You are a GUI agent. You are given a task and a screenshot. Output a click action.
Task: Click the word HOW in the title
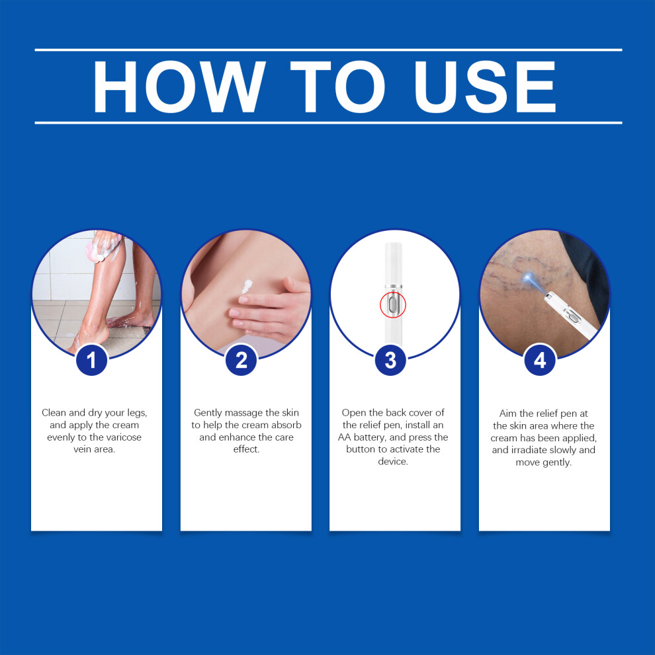(x=179, y=87)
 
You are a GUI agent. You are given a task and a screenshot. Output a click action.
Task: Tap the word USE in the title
(x=485, y=87)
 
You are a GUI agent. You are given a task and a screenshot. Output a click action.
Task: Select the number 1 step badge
(x=91, y=360)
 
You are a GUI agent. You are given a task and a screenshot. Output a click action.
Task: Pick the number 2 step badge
(x=241, y=360)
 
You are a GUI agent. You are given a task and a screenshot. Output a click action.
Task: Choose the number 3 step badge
(x=390, y=360)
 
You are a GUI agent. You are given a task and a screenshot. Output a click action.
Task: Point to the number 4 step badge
(x=540, y=360)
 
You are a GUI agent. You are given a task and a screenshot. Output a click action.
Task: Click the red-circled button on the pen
(x=392, y=304)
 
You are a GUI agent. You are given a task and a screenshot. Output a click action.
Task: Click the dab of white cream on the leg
(x=247, y=286)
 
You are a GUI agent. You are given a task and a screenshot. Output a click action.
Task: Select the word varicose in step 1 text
(x=124, y=437)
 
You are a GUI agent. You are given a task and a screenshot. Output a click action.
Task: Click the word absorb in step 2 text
(x=286, y=425)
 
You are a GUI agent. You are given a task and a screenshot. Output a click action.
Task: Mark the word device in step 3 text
(x=392, y=462)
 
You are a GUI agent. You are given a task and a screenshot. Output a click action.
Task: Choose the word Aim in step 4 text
(x=508, y=414)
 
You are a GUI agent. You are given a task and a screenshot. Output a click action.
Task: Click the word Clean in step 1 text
(x=54, y=413)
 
